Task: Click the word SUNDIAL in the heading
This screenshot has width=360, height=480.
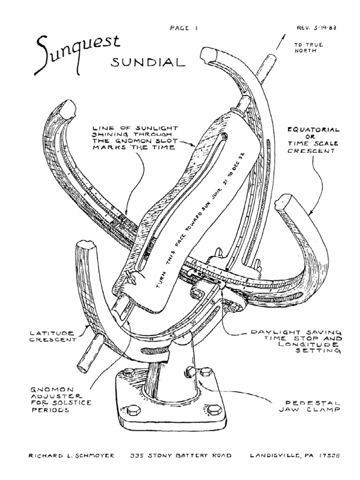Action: (x=147, y=63)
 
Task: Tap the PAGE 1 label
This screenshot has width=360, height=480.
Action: (x=184, y=28)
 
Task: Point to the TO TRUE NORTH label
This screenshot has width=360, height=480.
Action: (x=306, y=48)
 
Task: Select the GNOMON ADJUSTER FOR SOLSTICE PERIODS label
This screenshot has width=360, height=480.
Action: (x=61, y=399)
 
